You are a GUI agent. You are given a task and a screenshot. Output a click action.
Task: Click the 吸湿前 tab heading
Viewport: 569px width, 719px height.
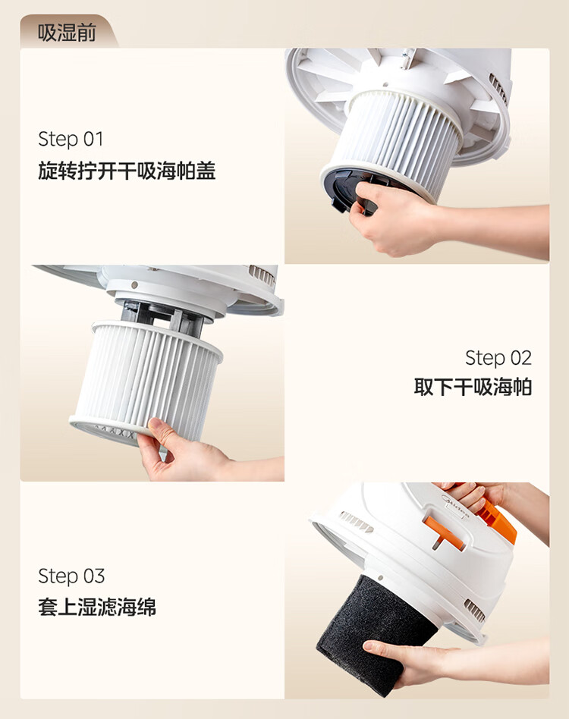pyautogui.click(x=67, y=33)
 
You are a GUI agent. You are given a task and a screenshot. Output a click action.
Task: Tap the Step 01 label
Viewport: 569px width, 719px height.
pyautogui.click(x=71, y=139)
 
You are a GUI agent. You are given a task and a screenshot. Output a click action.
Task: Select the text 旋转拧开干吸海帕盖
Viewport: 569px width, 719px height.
pyautogui.click(x=127, y=171)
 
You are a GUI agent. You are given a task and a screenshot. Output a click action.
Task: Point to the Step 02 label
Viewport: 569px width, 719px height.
pyautogui.click(x=498, y=358)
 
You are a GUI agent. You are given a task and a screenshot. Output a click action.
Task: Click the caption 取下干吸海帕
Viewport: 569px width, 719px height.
pyautogui.click(x=473, y=387)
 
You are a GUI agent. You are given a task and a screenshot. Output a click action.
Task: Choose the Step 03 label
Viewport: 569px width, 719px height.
pyautogui.click(x=71, y=576)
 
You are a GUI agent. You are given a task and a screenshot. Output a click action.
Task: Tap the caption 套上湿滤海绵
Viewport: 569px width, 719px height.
pyautogui.click(x=97, y=607)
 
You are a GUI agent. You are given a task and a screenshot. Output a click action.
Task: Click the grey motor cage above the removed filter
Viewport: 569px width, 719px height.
pyautogui.click(x=163, y=316)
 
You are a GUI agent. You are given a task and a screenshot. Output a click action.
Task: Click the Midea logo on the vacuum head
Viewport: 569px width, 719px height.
pyautogui.click(x=456, y=506)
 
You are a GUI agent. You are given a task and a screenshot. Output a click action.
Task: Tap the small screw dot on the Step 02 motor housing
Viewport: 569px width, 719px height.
pyautogui.click(x=134, y=284)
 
